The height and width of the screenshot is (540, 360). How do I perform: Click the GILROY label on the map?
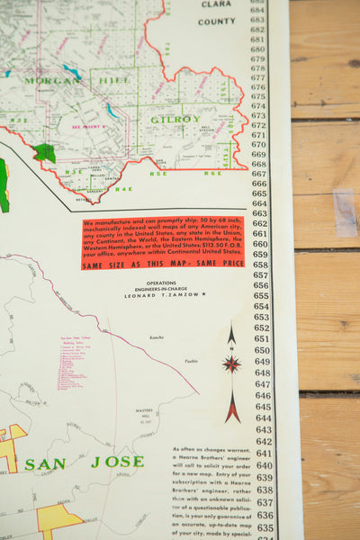tap(175, 119)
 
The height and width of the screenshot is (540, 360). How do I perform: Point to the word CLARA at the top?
tap(216, 4)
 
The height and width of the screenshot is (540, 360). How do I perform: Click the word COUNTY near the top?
tap(217, 21)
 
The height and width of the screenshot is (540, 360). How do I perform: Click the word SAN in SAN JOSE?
tap(44, 464)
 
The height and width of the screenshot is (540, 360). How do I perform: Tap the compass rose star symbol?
tap(231, 364)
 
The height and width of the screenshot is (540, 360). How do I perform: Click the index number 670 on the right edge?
tap(259, 144)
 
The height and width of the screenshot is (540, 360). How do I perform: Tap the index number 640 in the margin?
tap(263, 454)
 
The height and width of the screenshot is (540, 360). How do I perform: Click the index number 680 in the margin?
tap(257, 51)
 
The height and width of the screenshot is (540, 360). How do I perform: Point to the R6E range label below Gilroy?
tap(211, 173)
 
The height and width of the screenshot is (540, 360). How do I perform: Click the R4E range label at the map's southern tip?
tap(123, 189)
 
